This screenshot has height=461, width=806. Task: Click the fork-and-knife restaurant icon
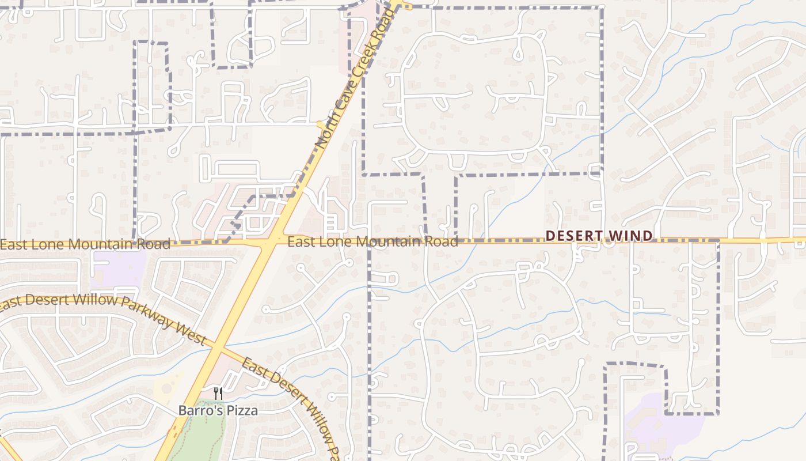coord(218,394)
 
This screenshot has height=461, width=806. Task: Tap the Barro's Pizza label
coord(218,411)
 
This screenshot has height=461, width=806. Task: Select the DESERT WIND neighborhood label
coord(599,236)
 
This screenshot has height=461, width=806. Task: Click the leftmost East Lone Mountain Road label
coord(85,244)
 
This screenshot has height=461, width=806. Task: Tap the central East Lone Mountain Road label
coord(372,241)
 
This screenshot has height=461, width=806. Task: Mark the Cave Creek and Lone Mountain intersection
coord(268,243)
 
